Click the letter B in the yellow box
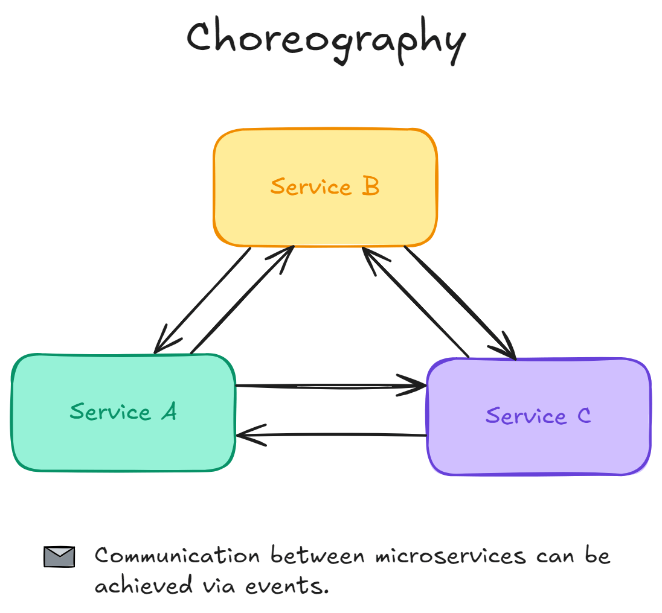tap(370, 186)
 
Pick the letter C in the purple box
tap(583, 416)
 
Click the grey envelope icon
tap(59, 556)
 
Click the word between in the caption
tap(318, 556)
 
